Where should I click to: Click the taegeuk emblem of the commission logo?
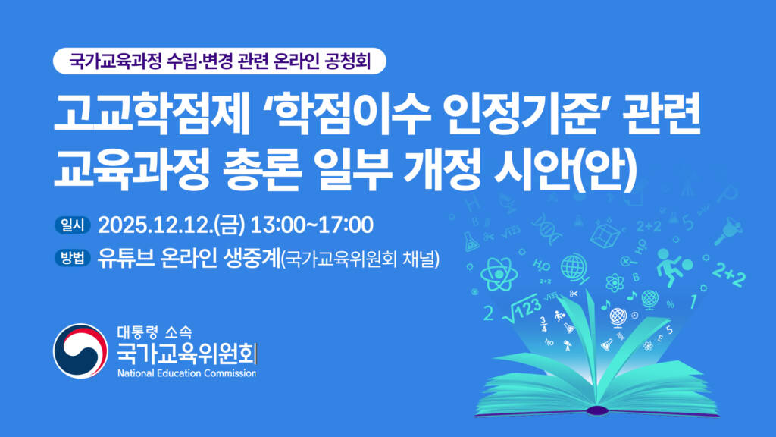[x=80, y=351]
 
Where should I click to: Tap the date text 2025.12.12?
[x=155, y=225]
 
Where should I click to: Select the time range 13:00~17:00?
[x=311, y=225]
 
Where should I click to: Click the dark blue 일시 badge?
[x=73, y=225]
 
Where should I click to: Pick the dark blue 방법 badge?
[x=73, y=258]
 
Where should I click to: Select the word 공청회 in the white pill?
[x=347, y=61]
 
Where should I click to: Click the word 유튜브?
[x=127, y=258]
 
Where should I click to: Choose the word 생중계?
[x=252, y=258]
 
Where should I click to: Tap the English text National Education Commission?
[x=186, y=373]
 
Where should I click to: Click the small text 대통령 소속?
[x=155, y=332]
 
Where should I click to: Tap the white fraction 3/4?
[x=544, y=325]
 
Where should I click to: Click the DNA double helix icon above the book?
[x=547, y=228]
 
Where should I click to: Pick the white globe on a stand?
[x=618, y=317]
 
